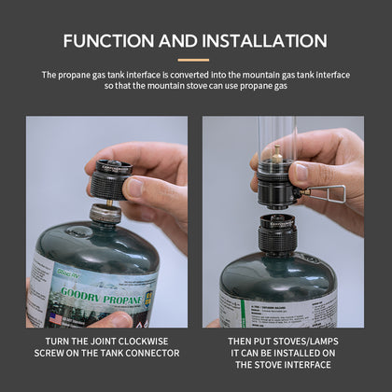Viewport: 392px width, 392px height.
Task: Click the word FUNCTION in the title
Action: pos(110,40)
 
